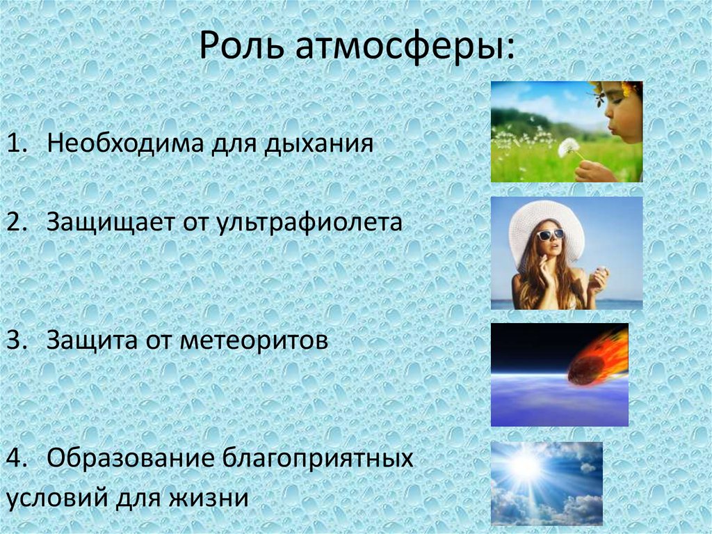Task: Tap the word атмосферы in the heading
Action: point(406,47)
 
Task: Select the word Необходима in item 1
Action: point(125,143)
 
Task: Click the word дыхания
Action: point(318,144)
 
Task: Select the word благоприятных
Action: point(318,459)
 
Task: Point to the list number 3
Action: point(15,340)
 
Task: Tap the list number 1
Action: point(15,143)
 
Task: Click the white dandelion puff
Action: point(569,147)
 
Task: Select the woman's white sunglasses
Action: point(551,235)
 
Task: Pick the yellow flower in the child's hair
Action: point(629,88)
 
